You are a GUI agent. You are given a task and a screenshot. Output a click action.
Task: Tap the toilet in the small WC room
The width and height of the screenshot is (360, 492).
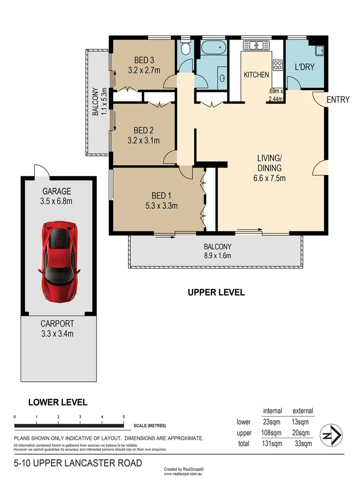point(185,49)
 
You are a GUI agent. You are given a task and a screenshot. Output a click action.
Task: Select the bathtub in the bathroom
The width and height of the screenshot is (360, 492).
point(213,47)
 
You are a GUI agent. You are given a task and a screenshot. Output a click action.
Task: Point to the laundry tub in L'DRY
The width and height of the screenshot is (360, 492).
point(319,50)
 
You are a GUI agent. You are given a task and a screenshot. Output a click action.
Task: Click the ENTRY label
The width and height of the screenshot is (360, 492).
point(338,100)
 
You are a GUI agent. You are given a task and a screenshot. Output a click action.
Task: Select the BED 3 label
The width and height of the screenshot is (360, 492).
point(144,60)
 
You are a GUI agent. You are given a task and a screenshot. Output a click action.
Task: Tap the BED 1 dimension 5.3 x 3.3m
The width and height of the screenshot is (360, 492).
point(158,205)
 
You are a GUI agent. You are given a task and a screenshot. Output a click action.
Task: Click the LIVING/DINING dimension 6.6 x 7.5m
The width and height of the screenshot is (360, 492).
point(269,178)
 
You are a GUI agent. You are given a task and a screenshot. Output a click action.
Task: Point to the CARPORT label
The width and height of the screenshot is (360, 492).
point(57,324)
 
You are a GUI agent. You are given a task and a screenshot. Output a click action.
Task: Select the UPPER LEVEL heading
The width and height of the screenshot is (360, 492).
point(216,292)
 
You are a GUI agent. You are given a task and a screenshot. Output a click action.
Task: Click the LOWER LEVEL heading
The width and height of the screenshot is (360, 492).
point(57,402)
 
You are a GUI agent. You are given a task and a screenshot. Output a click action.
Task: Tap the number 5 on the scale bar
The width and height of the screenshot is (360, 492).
point(124,417)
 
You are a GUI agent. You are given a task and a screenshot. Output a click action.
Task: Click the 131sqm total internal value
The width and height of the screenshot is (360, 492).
point(273,443)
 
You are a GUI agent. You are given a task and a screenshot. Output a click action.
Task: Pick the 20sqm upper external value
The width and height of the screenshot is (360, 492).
point(301,432)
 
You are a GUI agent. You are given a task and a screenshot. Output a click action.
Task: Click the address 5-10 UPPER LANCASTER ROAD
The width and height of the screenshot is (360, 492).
point(77,463)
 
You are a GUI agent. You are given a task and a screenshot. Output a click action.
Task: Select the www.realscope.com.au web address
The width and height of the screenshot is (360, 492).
point(183,474)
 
